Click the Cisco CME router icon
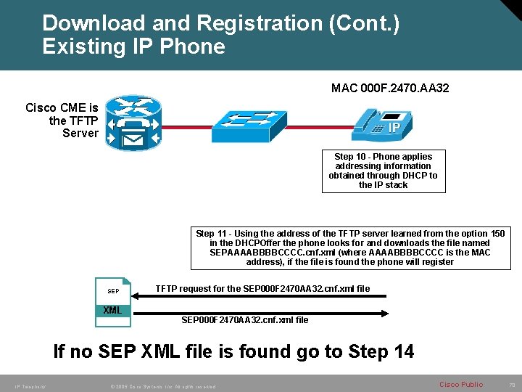(132, 123)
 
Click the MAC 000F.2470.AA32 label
(390, 89)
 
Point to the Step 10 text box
(383, 171)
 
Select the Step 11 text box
(350, 248)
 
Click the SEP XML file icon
(113, 297)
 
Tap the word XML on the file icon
(112, 311)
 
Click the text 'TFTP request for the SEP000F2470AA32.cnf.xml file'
(262, 289)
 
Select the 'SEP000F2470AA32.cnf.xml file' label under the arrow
(244, 320)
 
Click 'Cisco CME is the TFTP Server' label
(62, 121)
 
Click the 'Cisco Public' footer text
(461, 384)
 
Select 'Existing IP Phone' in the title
(133, 46)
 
